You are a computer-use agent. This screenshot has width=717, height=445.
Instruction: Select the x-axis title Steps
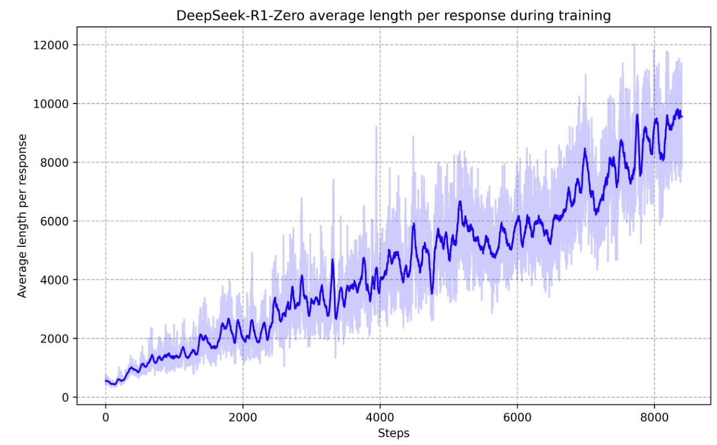point(393,434)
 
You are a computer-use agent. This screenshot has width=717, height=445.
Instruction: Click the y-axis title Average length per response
point(22,216)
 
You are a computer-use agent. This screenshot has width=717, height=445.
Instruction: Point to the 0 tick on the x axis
point(105,418)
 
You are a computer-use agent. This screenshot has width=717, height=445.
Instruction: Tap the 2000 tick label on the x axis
point(243,418)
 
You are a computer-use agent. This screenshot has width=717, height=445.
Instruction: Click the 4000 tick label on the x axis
point(380,418)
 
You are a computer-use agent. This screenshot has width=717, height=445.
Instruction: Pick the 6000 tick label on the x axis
point(517,418)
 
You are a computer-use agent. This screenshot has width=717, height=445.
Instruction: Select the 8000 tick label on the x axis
point(654,418)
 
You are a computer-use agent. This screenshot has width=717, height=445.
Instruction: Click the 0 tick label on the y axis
point(66,397)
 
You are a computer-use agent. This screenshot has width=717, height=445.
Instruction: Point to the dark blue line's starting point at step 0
point(106,381)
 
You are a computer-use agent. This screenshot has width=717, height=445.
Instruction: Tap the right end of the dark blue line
point(682,117)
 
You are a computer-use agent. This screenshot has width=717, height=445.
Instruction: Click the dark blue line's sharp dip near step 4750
point(432,292)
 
